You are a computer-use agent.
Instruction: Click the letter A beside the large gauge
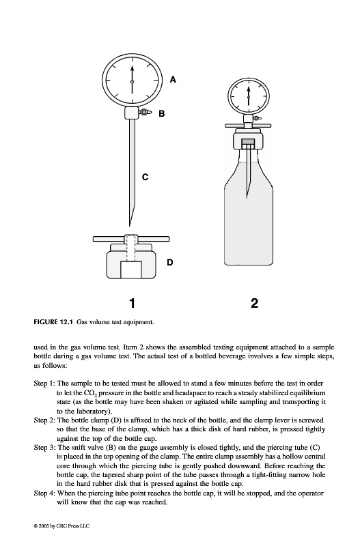(174, 80)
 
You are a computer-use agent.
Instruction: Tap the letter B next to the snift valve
(162, 113)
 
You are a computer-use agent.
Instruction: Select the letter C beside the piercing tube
(146, 177)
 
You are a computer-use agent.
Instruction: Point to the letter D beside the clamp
(169, 262)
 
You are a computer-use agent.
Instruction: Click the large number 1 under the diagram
(132, 303)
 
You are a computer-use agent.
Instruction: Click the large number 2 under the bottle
(254, 303)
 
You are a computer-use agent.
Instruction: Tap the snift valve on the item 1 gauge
(144, 112)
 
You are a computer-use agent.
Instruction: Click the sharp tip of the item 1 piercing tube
(130, 226)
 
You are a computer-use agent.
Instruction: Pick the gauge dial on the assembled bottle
(248, 96)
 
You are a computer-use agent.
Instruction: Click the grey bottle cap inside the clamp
(248, 142)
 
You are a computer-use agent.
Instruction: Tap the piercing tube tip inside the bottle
(247, 197)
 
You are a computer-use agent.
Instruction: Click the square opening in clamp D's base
(131, 269)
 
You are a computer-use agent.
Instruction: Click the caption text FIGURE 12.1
(53, 322)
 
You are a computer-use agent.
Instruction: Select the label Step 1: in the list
(44, 384)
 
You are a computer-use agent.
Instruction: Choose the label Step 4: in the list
(44, 493)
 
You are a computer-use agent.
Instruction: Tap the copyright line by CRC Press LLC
(61, 526)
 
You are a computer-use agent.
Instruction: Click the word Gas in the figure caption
(81, 322)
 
